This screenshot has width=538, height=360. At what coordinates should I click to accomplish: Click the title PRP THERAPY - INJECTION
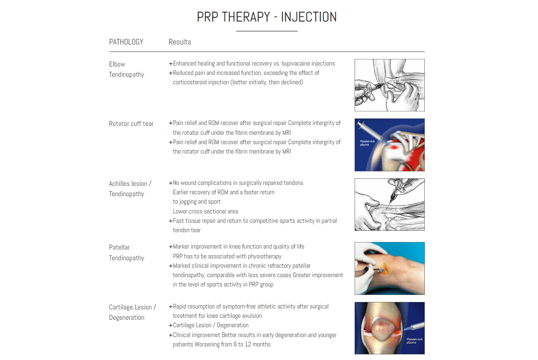pos(267,17)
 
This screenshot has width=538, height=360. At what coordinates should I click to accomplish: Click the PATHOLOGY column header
pos(126,42)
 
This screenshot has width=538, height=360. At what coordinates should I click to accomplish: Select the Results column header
pos(180,42)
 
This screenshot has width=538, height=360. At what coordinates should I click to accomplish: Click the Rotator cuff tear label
pos(131,124)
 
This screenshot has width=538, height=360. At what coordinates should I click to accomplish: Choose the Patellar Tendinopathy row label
pos(126,252)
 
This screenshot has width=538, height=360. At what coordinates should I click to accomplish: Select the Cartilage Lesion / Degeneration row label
pos(132,312)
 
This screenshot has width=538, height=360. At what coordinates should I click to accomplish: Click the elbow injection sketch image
pos(389,85)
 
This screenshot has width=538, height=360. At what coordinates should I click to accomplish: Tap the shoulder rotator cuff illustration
pos(389,145)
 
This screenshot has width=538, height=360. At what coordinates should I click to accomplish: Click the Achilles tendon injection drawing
pos(389,205)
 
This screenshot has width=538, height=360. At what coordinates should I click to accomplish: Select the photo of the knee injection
pos(389,268)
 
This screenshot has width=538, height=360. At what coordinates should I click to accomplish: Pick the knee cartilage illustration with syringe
pos(389,328)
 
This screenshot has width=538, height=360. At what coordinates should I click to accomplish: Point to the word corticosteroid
pos(192,82)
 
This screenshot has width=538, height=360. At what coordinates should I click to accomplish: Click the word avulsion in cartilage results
pos(251,316)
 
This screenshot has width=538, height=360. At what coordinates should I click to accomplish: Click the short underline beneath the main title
pos(267,31)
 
